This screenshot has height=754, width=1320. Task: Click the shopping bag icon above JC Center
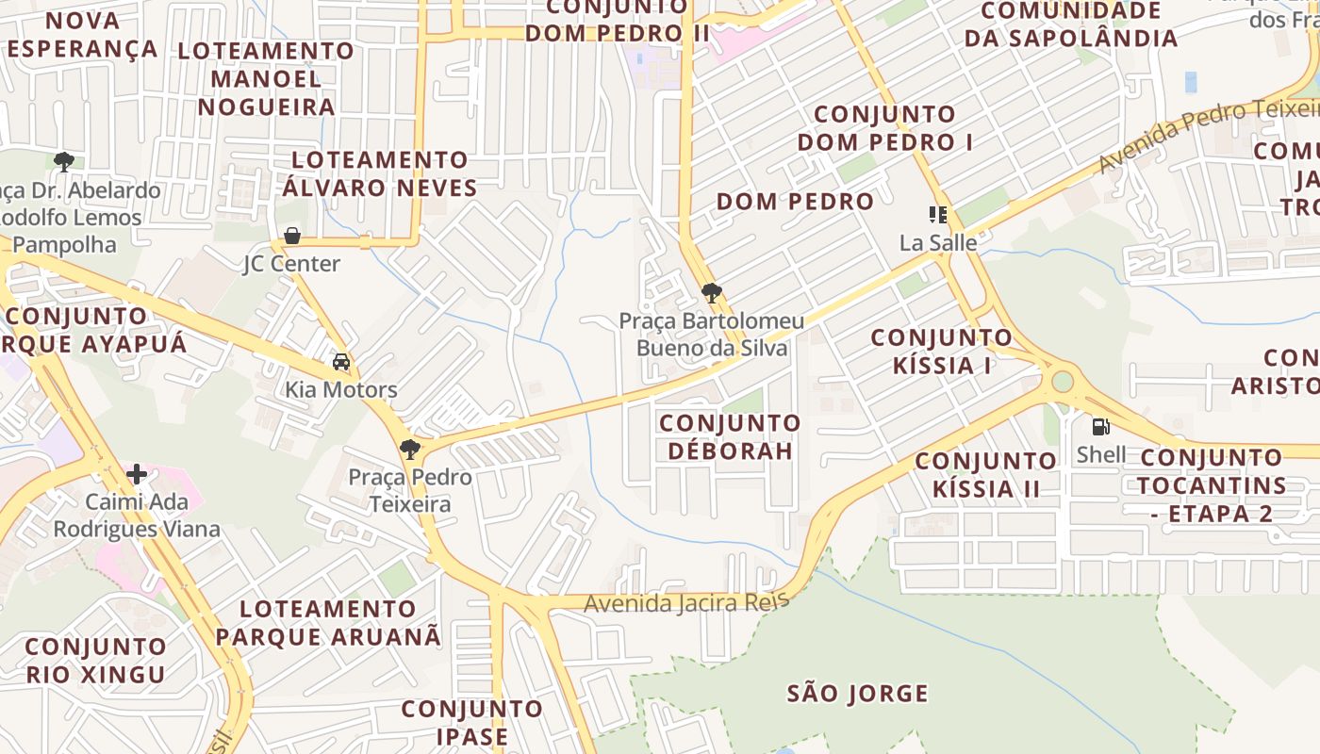[292, 235]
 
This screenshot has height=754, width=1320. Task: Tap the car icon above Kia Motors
[341, 362]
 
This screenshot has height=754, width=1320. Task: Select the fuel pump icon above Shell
[1100, 426]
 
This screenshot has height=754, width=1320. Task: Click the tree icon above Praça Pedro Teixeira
[409, 449]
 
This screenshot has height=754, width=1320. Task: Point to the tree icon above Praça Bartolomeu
[712, 293]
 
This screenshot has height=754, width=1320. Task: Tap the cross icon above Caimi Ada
[137, 473]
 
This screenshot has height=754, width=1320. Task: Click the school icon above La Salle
[937, 215]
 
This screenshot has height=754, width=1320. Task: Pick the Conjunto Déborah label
[730, 436]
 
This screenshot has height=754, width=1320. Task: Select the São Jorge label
[858, 695]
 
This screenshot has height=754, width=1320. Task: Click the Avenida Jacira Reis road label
[686, 602]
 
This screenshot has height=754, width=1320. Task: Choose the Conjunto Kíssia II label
[986, 474]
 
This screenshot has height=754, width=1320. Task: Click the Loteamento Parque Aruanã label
[328, 622]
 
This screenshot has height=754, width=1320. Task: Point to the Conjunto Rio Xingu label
[95, 660]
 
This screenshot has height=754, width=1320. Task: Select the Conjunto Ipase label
[472, 722]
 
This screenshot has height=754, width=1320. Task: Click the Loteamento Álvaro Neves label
[380, 173]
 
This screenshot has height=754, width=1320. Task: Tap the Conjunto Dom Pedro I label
[885, 128]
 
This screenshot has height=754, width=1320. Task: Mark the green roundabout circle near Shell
[1063, 382]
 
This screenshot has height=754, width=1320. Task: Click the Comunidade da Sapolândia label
[1071, 25]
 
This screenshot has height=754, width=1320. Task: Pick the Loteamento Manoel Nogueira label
[266, 78]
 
